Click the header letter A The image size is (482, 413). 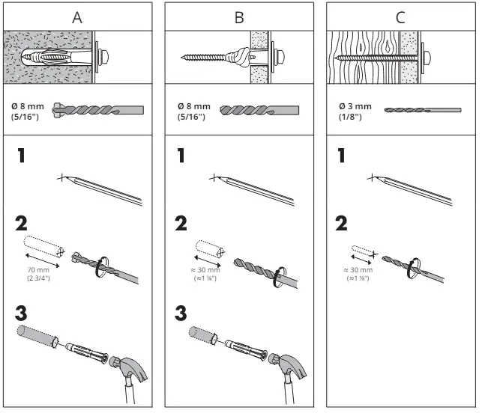[x=77, y=16]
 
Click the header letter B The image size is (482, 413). [x=239, y=16]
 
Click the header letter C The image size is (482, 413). [x=401, y=16]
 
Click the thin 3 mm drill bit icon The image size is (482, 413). [x=422, y=110]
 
